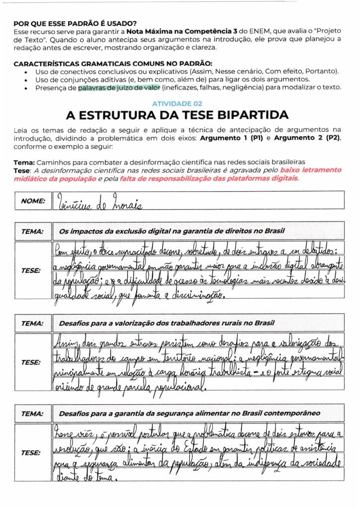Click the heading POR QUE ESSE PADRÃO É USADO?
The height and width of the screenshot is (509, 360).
[75, 23]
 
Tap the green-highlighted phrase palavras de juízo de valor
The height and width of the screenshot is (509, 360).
[118, 87]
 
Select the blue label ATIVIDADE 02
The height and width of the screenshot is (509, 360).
[177, 104]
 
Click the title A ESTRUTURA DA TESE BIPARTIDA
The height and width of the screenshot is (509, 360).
[177, 115]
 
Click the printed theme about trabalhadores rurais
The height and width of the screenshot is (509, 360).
[167, 323]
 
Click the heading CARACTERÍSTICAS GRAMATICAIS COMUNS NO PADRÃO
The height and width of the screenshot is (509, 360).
[113, 64]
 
